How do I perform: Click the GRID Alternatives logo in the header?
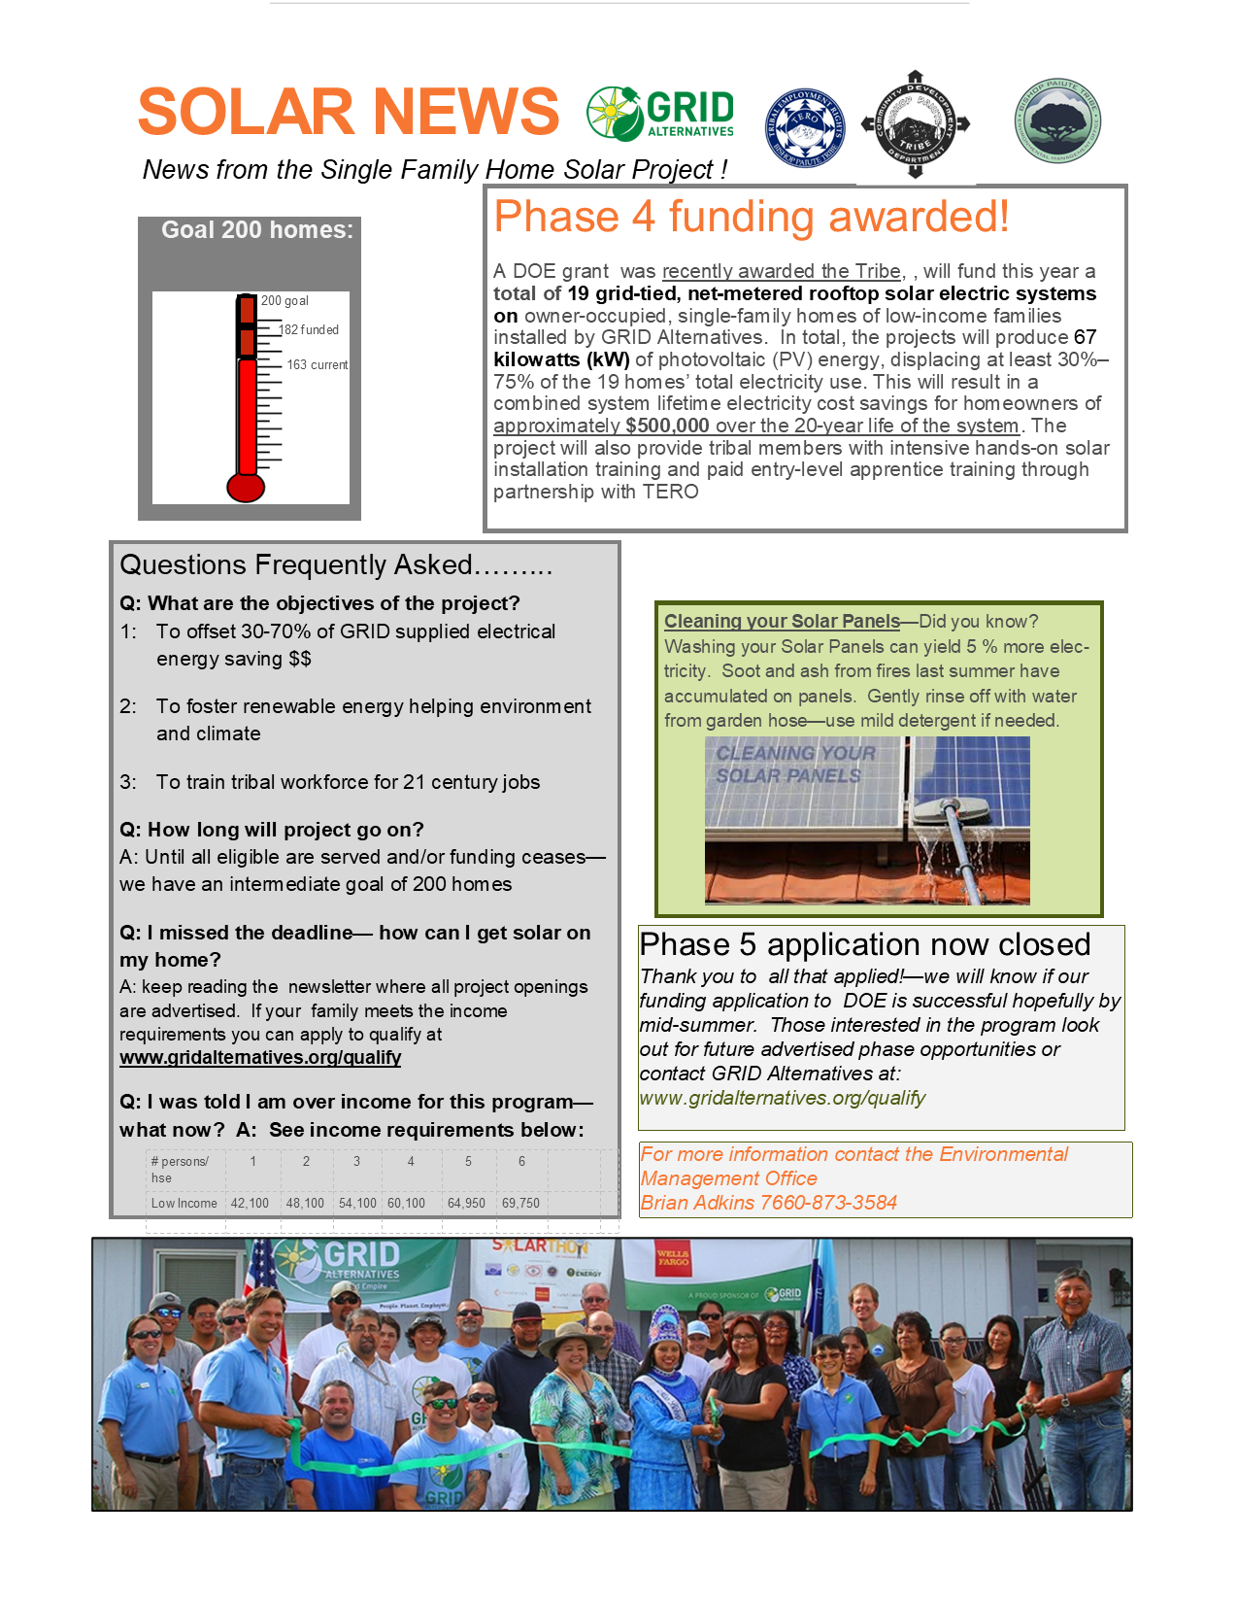pos(660,114)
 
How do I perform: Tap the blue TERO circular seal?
pos(805,127)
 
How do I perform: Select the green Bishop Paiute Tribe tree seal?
pos(1057,120)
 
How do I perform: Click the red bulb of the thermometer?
pos(246,487)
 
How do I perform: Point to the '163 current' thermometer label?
pos(317,365)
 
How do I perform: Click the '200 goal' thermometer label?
pos(284,301)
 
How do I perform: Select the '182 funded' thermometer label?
pos(309,330)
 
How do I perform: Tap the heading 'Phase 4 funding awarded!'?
pos(751,217)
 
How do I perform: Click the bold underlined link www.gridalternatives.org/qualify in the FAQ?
pos(260,1058)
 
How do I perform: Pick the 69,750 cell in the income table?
pos(520,1204)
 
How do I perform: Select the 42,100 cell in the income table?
pos(250,1204)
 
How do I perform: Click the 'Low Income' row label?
pos(184,1204)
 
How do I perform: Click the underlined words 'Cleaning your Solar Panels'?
pos(782,622)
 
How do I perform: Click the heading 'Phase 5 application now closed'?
pos(864,944)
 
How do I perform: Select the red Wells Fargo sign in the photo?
pos(673,1260)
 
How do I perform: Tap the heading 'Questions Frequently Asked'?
pos(335,565)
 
